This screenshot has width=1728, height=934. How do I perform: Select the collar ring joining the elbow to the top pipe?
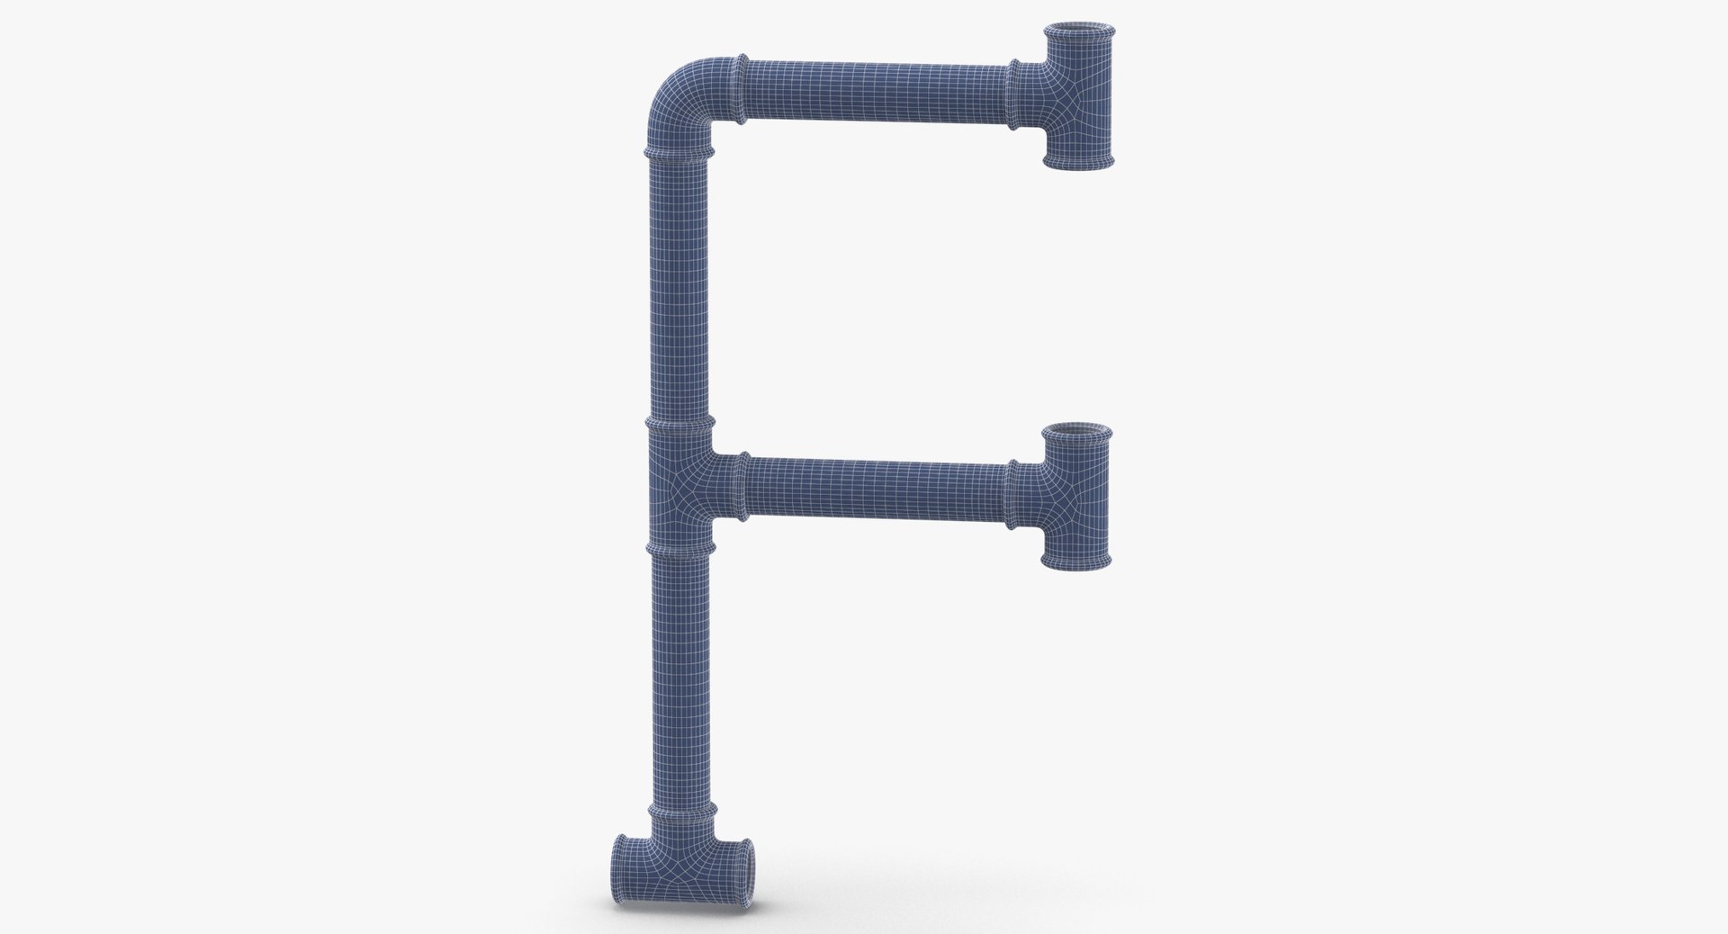[742, 89]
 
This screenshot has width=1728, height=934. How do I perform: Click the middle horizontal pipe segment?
[877, 490]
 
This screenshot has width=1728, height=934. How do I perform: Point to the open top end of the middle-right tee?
[1078, 432]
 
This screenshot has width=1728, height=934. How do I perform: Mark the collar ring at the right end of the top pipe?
[1014, 94]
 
